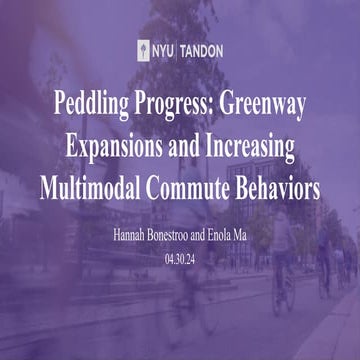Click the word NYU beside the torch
162,50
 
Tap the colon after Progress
223,106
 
